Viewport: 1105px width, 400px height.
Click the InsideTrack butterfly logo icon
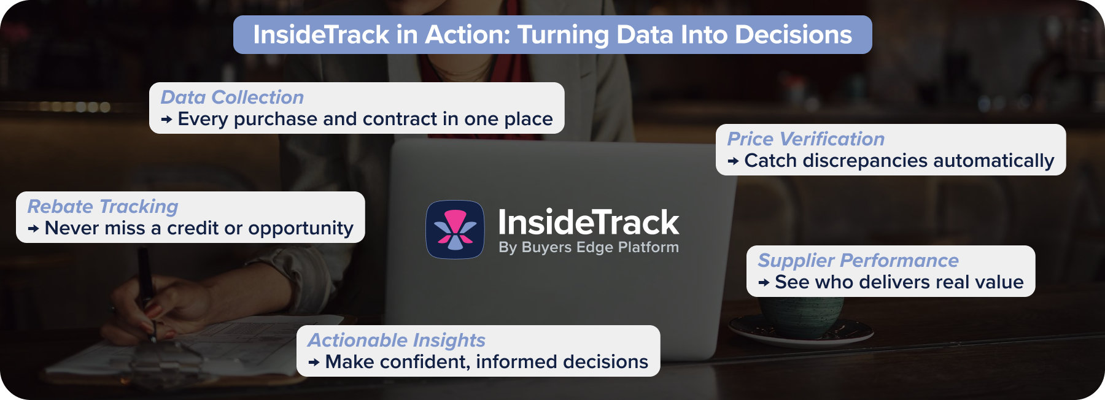(455, 229)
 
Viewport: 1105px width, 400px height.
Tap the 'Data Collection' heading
(232, 97)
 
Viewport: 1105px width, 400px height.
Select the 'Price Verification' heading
(805, 139)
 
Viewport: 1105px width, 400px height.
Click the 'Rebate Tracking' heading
(103, 206)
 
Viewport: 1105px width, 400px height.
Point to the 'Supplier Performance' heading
(858, 260)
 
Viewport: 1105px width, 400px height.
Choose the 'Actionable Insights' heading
(396, 340)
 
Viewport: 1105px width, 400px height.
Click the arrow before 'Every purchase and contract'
(166, 120)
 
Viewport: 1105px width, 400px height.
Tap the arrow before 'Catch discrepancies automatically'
(733, 161)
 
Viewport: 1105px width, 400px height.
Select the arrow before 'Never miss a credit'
(34, 229)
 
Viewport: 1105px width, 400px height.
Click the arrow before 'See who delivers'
(764, 283)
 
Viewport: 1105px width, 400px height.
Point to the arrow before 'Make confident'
(314, 363)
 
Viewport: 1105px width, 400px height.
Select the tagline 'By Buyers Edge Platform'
(588, 247)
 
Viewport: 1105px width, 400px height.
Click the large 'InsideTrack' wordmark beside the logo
(587, 221)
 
